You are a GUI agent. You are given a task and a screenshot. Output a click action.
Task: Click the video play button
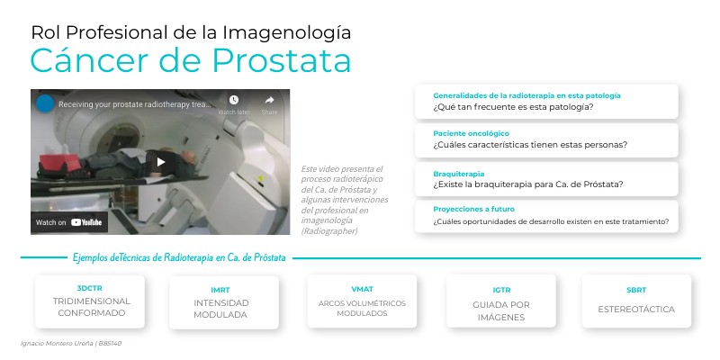click(x=161, y=162)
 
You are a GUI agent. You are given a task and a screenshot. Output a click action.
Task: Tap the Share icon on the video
click(x=269, y=101)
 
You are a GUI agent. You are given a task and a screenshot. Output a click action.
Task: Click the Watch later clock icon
click(x=234, y=100)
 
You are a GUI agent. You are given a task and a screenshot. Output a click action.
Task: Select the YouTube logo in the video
click(x=86, y=222)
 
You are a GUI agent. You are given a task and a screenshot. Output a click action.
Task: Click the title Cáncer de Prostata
click(x=190, y=60)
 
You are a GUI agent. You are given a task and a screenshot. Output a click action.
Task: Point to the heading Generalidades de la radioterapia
click(x=526, y=95)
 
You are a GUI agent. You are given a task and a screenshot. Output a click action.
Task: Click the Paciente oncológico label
click(x=464, y=133)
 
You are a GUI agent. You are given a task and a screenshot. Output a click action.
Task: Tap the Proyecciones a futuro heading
click(x=473, y=209)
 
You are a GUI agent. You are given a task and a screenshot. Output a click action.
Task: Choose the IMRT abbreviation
click(x=220, y=290)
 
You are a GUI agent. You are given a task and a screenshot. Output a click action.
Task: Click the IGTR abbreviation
click(x=501, y=291)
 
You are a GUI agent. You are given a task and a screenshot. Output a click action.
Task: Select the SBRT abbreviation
click(x=635, y=291)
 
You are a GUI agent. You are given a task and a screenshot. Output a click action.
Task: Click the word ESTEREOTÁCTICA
click(x=635, y=310)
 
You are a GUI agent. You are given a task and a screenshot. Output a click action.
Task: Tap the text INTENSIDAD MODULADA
click(x=220, y=310)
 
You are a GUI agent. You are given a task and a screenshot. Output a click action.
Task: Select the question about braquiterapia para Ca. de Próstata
click(x=528, y=184)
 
